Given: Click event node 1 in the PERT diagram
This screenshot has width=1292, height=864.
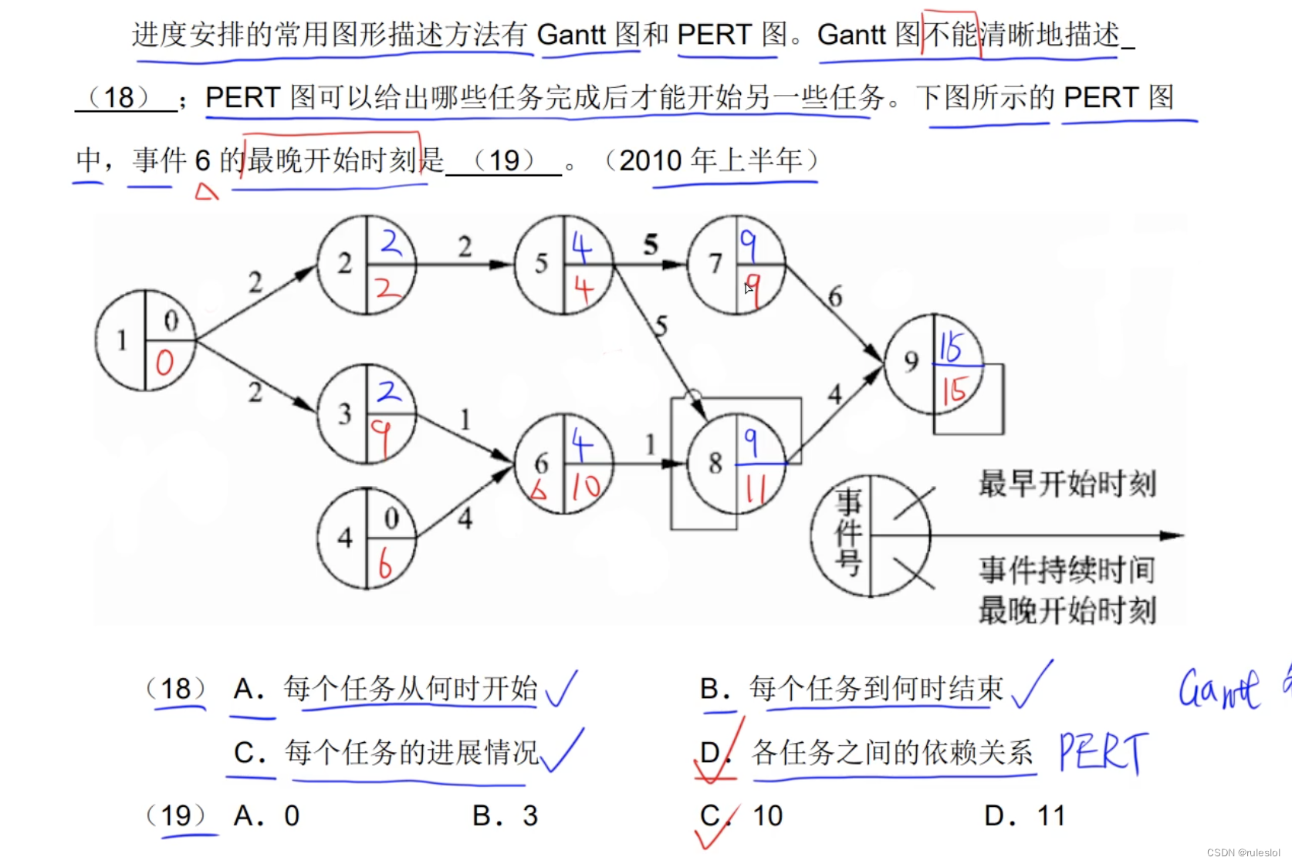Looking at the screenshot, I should click(145, 340).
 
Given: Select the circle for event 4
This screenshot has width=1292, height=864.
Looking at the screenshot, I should click(367, 538).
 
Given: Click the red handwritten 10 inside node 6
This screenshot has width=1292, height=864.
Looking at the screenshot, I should click(586, 486).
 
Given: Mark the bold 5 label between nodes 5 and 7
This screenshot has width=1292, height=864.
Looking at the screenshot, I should click(651, 245).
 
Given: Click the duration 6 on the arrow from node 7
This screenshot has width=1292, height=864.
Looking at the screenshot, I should click(834, 296).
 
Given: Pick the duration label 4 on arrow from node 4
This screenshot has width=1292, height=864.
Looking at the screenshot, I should click(465, 518).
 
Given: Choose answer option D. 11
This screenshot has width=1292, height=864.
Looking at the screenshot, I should click(1024, 815).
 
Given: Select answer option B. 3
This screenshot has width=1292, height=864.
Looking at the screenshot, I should click(505, 815).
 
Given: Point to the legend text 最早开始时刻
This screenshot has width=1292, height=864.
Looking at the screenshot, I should click(1067, 484).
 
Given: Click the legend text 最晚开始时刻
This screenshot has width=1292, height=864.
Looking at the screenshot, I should click(1067, 610).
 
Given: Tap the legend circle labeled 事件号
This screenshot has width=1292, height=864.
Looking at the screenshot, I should click(870, 535).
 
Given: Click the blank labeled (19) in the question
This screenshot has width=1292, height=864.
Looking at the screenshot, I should click(504, 161).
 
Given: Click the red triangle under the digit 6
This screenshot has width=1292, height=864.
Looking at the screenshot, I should click(206, 191).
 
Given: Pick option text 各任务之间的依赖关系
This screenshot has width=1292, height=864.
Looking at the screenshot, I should click(892, 752).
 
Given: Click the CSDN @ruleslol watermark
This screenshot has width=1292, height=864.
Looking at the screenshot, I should click(1243, 852).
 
